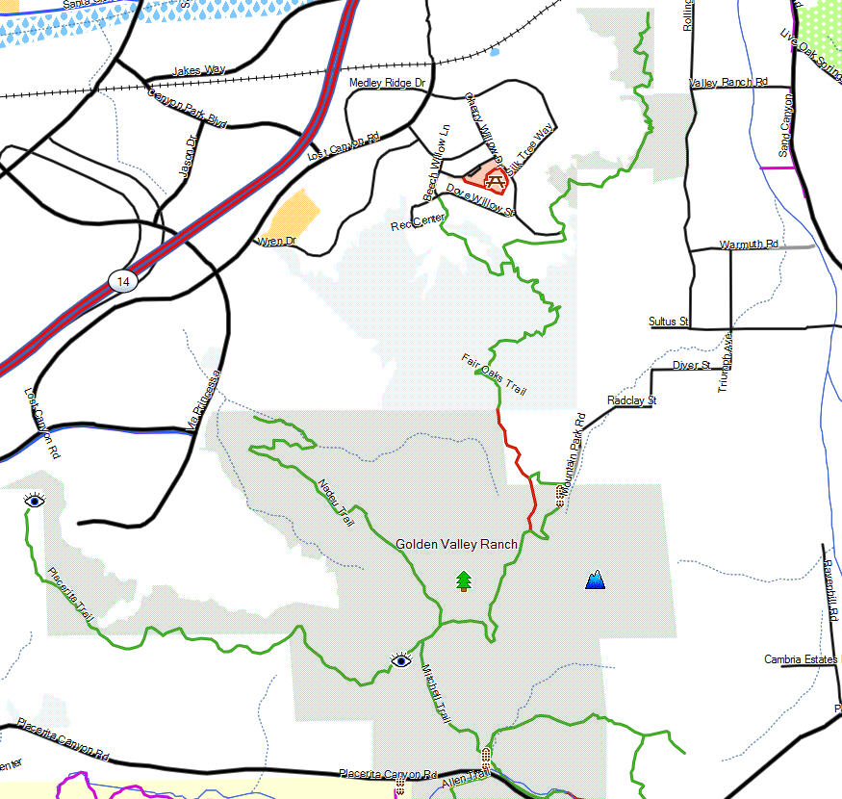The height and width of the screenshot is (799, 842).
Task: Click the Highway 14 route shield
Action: click(x=122, y=281)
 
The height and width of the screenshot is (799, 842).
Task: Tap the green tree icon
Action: click(x=464, y=580)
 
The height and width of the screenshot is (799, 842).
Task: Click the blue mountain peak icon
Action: click(x=596, y=579)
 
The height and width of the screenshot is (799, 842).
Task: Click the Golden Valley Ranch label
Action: click(x=456, y=544)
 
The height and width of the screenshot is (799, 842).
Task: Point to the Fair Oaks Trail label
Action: click(x=495, y=374)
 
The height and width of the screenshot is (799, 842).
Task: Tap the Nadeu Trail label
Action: click(x=335, y=502)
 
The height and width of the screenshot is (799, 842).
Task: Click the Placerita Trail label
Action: click(x=72, y=598)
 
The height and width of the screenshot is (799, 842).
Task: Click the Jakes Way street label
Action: click(x=198, y=70)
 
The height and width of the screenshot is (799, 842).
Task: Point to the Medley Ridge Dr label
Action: click(x=387, y=84)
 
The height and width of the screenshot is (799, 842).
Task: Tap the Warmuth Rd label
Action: click(x=749, y=245)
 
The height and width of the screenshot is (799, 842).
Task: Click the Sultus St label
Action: click(x=669, y=321)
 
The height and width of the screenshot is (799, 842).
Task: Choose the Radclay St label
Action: click(x=631, y=399)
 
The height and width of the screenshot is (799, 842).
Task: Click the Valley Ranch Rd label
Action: click(x=728, y=83)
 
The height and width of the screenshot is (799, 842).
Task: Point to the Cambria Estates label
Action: click(x=802, y=659)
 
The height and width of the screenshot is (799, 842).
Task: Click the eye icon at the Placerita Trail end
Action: click(x=35, y=501)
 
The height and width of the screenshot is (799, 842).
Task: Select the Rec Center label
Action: click(x=418, y=224)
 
